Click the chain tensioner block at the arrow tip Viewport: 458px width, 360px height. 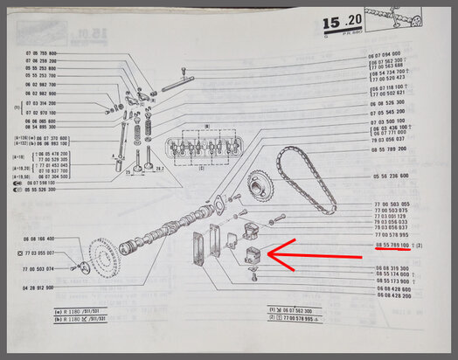pos(256,255)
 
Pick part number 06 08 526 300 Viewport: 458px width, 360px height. pos(393,102)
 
